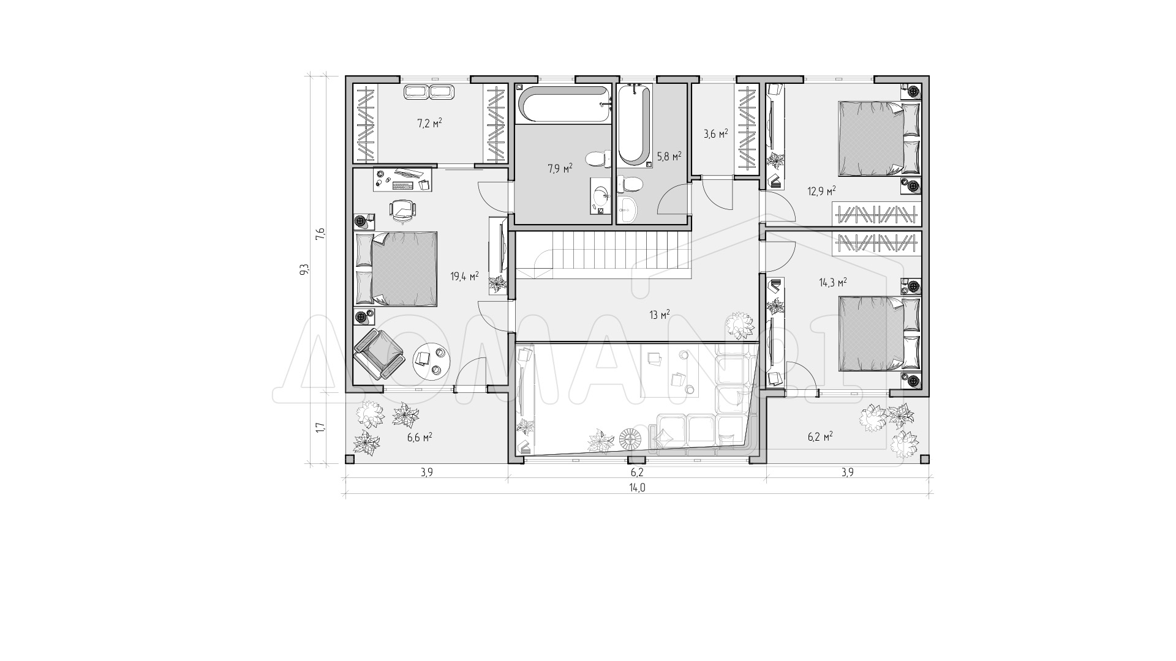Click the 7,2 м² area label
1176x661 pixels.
[x=429, y=123]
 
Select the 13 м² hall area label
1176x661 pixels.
[x=660, y=315]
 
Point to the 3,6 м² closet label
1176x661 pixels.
[x=715, y=133]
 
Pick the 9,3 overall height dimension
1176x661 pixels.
[x=304, y=269]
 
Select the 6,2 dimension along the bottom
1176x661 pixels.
[x=636, y=472]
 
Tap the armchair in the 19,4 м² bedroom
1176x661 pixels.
[x=379, y=354]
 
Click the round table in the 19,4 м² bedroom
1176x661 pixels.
[x=432, y=362]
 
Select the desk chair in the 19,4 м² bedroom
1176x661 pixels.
[x=402, y=209]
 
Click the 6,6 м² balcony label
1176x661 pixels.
[x=420, y=437]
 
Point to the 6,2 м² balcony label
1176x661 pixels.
[x=820, y=437]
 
